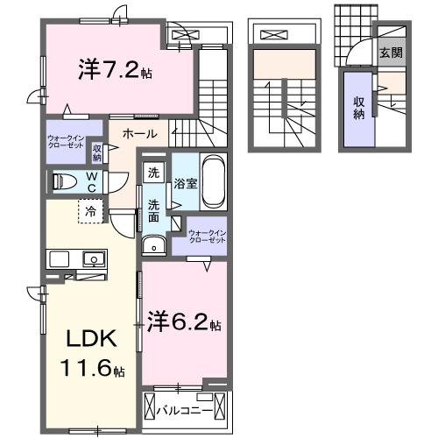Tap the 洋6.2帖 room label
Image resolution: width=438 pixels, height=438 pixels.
[183, 323]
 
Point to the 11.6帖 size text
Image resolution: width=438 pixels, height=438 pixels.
[89, 369]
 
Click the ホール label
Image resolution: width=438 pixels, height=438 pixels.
[139, 134]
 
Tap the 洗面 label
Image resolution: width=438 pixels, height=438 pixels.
[153, 210]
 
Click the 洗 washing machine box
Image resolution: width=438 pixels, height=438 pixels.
[153, 173]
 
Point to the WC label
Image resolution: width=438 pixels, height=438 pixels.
[92, 181]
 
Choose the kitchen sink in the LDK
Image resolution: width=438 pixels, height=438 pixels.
[93, 258]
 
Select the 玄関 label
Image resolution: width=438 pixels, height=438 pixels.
[391, 53]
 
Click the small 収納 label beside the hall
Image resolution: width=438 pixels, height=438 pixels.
[97, 152]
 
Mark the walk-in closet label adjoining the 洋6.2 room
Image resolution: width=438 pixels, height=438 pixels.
[208, 237]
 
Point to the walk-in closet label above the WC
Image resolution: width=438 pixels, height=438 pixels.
[67, 142]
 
